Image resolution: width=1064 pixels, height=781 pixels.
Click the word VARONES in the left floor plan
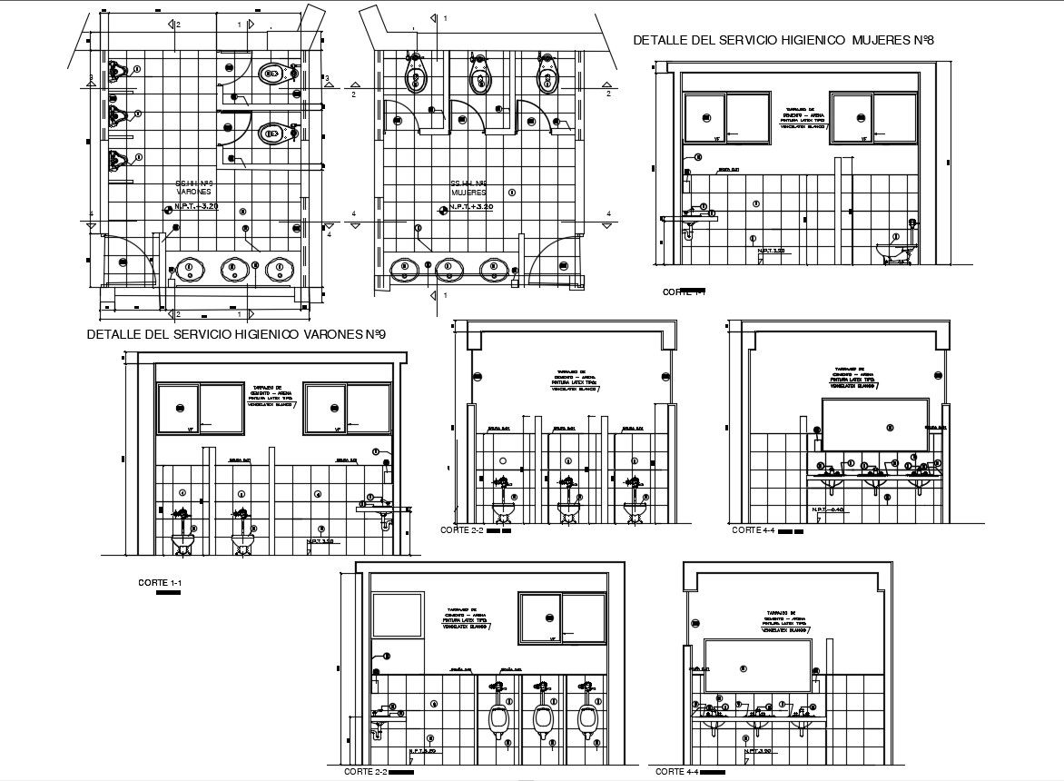click(194, 193)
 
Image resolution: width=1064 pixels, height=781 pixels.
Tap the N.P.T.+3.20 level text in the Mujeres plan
click(472, 208)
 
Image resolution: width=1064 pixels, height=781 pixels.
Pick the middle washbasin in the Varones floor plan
click(234, 269)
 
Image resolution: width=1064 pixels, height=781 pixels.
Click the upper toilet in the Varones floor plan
click(274, 74)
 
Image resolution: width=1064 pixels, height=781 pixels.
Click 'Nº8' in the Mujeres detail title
click(923, 40)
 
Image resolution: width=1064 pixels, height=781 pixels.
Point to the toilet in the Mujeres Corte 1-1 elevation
click(895, 249)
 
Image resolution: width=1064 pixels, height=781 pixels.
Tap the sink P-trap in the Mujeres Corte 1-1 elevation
click(690, 231)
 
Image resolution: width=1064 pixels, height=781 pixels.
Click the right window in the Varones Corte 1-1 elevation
click(346, 409)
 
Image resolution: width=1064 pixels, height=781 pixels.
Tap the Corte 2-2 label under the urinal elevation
click(365, 771)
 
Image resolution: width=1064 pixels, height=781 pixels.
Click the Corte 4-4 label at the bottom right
click(676, 771)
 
